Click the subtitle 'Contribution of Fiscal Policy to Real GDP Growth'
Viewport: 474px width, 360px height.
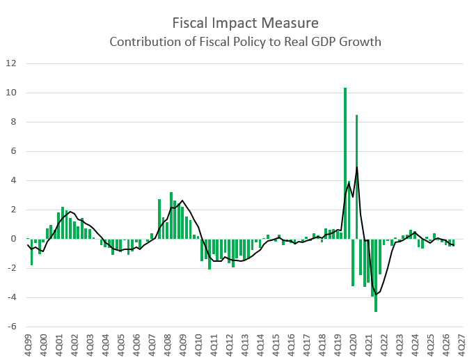coord(246,41)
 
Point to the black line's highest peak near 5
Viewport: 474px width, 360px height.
coord(357,167)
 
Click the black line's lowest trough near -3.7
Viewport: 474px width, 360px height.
coord(377,294)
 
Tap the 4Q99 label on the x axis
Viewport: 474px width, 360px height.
coord(29,344)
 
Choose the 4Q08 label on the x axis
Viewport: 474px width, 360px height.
coord(168,344)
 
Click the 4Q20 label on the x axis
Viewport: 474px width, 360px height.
coord(354,344)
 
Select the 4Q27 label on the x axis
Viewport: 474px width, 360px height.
coord(461,344)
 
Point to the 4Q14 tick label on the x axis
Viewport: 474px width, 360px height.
coord(260,344)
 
